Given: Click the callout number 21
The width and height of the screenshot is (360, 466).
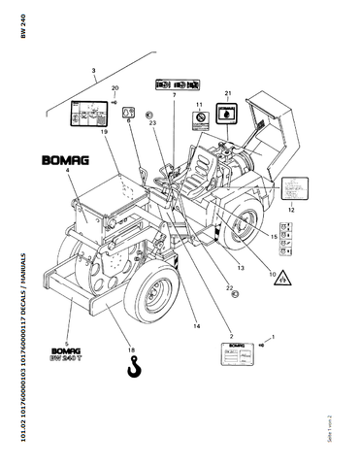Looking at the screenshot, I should (x=229, y=93).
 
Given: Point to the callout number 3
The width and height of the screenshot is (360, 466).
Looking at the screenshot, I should (x=93, y=71).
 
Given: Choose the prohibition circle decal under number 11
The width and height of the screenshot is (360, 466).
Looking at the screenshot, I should (x=200, y=118).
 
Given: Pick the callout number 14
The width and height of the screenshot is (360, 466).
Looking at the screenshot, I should (x=196, y=325).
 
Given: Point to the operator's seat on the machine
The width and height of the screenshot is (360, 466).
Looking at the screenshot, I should (x=205, y=175).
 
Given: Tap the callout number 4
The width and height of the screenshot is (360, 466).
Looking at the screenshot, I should (x=68, y=170).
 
